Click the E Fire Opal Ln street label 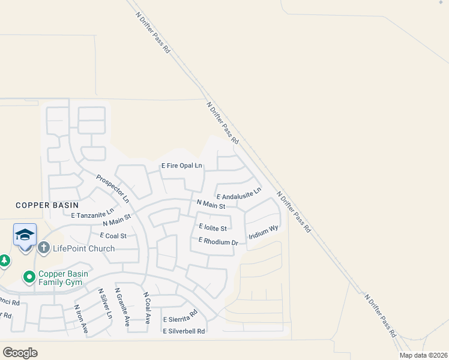click(181, 166)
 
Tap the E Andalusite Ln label click(239, 194)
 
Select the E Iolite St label click(212, 228)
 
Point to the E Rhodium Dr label click(218, 241)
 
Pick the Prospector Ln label click(113, 188)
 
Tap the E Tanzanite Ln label click(92, 212)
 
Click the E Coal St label click(113, 236)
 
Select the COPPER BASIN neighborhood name click(47, 205)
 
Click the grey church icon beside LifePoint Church click(44, 247)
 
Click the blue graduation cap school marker click(25, 235)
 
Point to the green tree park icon click(4, 261)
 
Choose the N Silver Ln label click(105, 303)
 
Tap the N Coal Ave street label click(146, 307)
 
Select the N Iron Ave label click(81, 319)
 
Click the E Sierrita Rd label click(180, 317)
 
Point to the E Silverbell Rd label click(184, 331)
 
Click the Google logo click(20, 352)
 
